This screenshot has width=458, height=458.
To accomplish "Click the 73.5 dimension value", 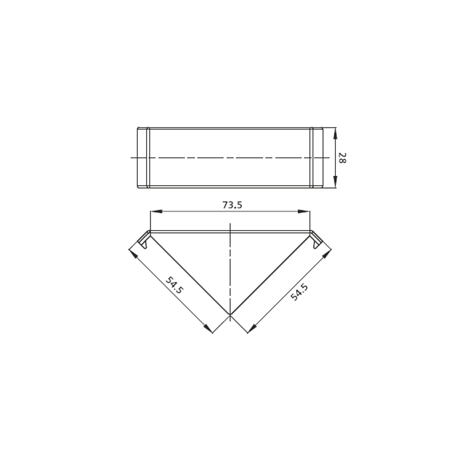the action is (232, 205).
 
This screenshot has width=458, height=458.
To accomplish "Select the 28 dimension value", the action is (342, 158).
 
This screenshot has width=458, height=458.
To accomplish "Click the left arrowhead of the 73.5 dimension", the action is (156, 212).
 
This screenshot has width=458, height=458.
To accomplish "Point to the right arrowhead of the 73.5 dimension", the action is (304, 212).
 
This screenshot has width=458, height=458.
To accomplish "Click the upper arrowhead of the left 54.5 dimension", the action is (133, 254).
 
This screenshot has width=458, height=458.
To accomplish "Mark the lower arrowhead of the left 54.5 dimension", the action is (208, 328).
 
